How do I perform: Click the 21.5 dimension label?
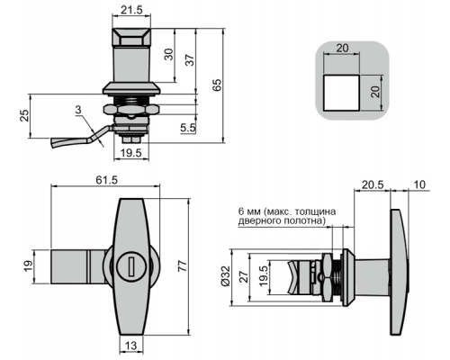click(x=131, y=10)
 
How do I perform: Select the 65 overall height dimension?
click(x=217, y=85)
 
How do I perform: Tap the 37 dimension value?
click(x=190, y=60)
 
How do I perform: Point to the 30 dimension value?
click(x=169, y=54)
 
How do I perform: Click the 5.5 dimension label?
click(x=188, y=128)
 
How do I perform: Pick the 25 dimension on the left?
click(x=24, y=115)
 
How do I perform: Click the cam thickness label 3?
click(x=78, y=110)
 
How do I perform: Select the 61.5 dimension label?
click(x=107, y=180)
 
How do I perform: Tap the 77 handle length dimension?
click(x=183, y=266)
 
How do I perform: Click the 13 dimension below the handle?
click(x=130, y=346)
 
